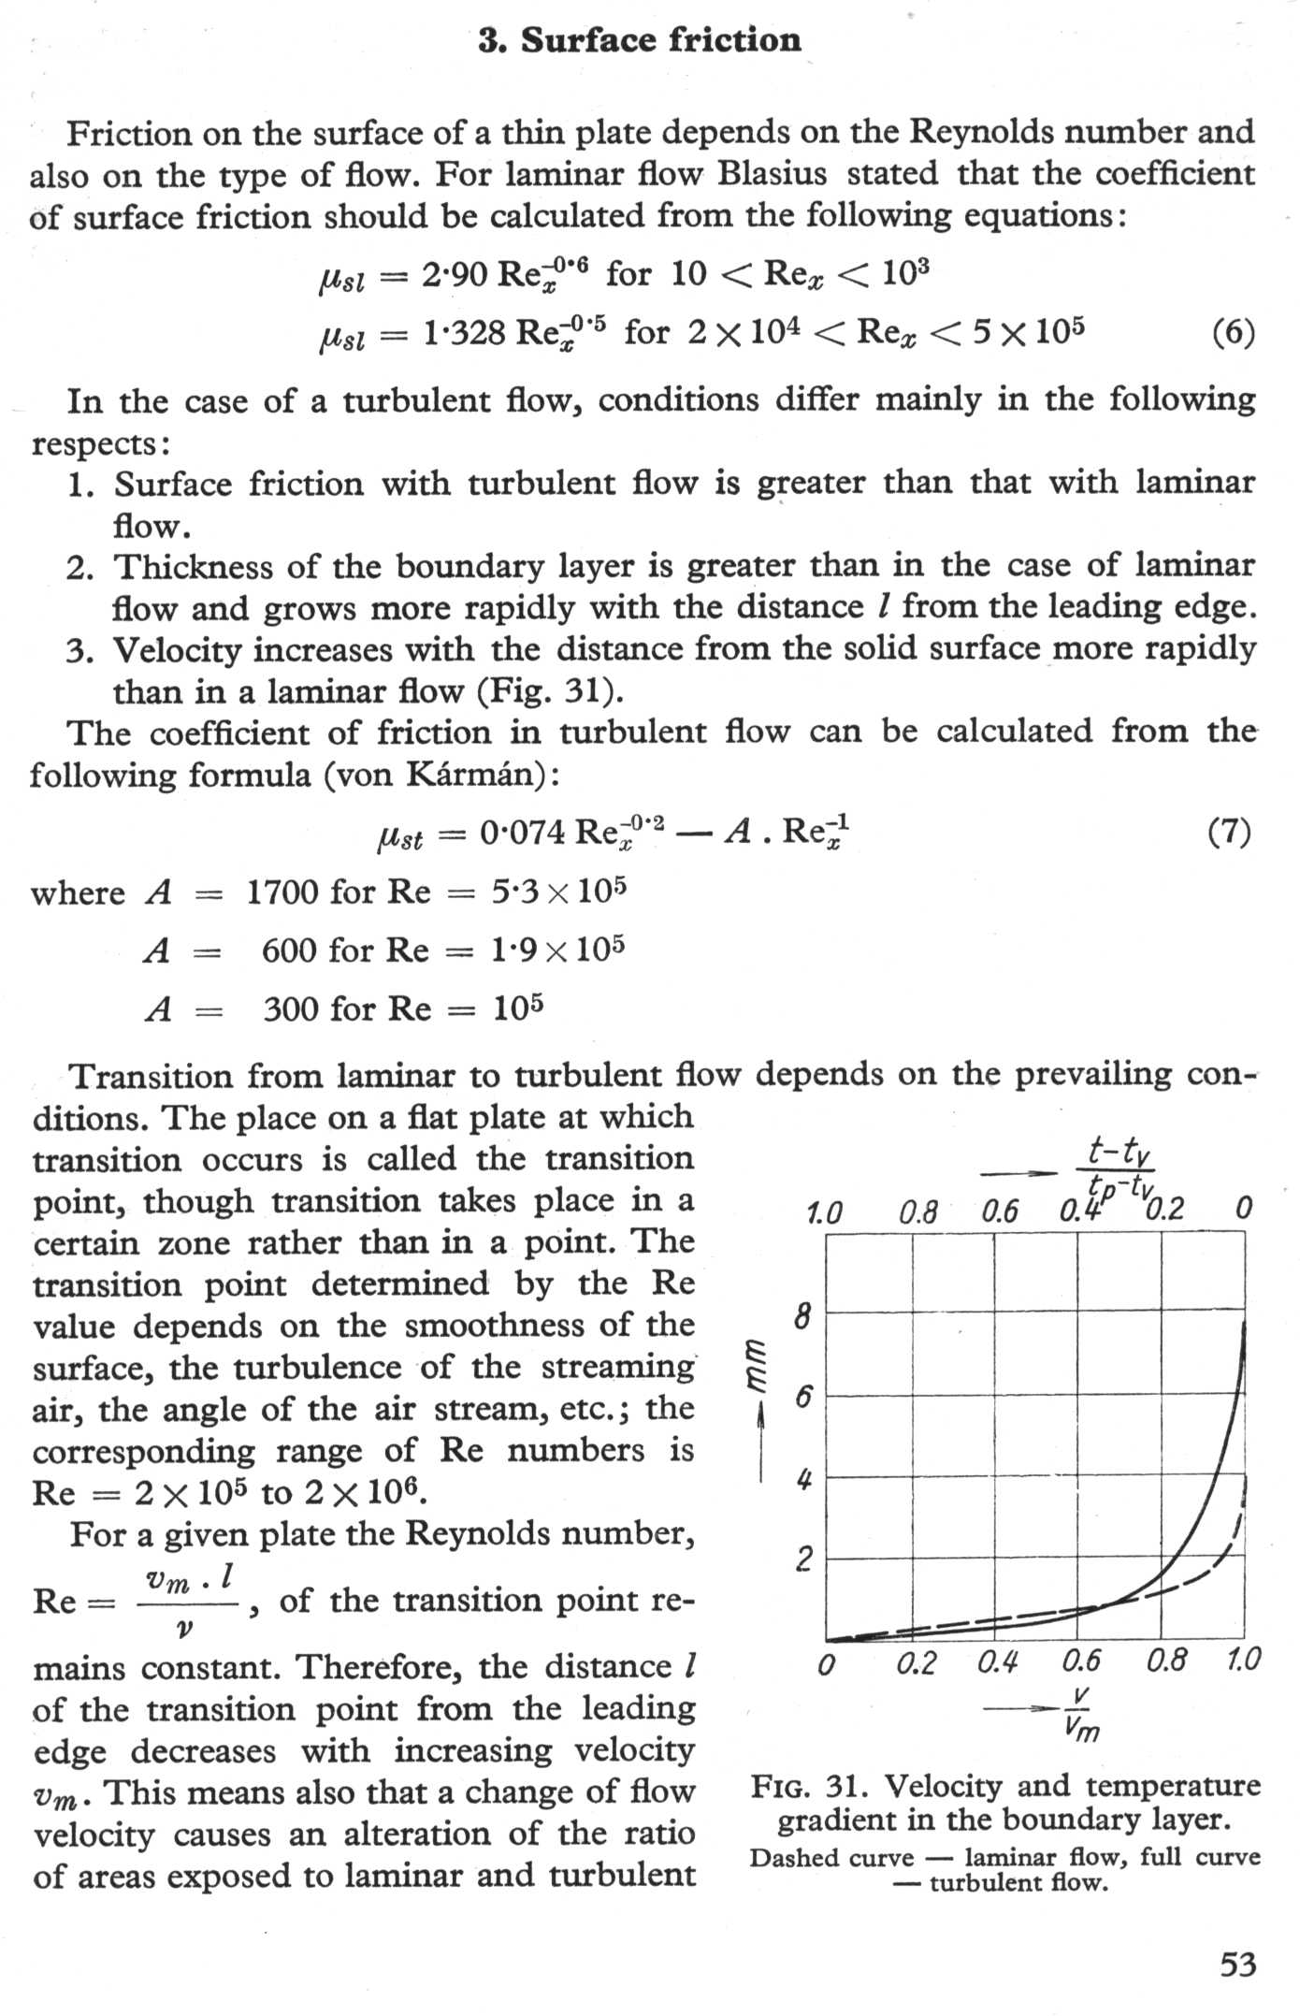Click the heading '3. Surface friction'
click(x=640, y=41)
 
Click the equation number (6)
click(x=1233, y=332)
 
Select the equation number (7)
click(x=1230, y=831)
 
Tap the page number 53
click(x=1238, y=1965)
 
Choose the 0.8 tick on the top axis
click(x=917, y=1212)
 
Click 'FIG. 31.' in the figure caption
click(x=810, y=1787)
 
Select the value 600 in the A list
click(x=290, y=950)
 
